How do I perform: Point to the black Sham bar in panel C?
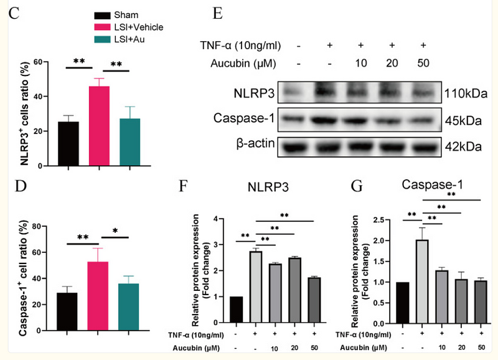pos(68,143)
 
